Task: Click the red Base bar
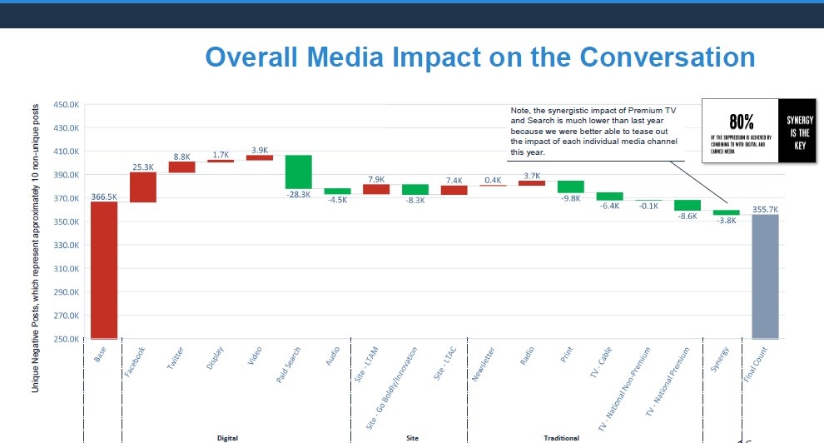pyautogui.click(x=104, y=270)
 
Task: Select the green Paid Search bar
pyautogui.click(x=299, y=172)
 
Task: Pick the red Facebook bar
pyautogui.click(x=143, y=187)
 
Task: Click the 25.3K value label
pyautogui.click(x=143, y=167)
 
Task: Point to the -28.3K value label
pyautogui.click(x=298, y=195)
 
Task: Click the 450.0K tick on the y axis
pyautogui.click(x=67, y=105)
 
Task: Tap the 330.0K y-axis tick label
pyautogui.click(x=67, y=246)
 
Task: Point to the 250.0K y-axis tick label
pyautogui.click(x=67, y=340)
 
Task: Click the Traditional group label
pyautogui.click(x=562, y=436)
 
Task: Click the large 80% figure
pyautogui.click(x=741, y=122)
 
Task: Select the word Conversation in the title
pyautogui.click(x=668, y=57)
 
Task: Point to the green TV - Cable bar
pyautogui.click(x=609, y=196)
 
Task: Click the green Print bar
pyautogui.click(x=570, y=187)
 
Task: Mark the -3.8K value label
pyautogui.click(x=726, y=221)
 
